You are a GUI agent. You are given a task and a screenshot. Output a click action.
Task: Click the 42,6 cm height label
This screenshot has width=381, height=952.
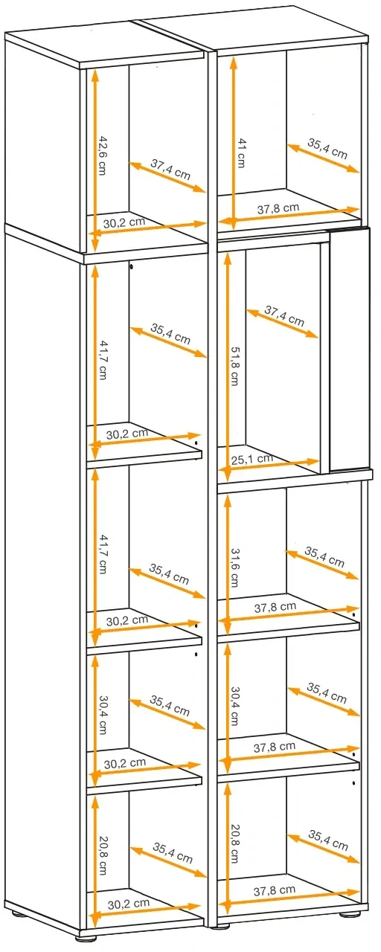click(103, 155)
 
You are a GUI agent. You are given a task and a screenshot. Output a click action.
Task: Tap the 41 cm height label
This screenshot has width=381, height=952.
click(242, 153)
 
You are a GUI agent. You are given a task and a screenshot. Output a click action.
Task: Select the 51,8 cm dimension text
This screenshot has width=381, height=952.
click(234, 365)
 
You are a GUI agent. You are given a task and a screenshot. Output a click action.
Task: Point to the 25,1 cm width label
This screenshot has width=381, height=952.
click(252, 459)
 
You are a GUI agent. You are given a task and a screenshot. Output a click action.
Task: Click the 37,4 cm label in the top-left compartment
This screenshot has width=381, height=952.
click(170, 170)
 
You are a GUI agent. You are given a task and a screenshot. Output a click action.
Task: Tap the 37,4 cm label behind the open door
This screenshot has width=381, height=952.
click(284, 316)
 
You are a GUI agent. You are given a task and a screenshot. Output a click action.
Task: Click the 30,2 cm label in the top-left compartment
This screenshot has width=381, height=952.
click(124, 222)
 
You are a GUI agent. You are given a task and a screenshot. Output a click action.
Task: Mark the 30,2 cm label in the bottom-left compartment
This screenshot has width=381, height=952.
click(129, 903)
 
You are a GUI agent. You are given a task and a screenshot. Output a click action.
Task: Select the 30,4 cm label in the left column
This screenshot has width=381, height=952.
click(103, 715)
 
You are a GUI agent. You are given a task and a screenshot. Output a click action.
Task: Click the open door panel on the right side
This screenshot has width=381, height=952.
click(349, 349)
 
